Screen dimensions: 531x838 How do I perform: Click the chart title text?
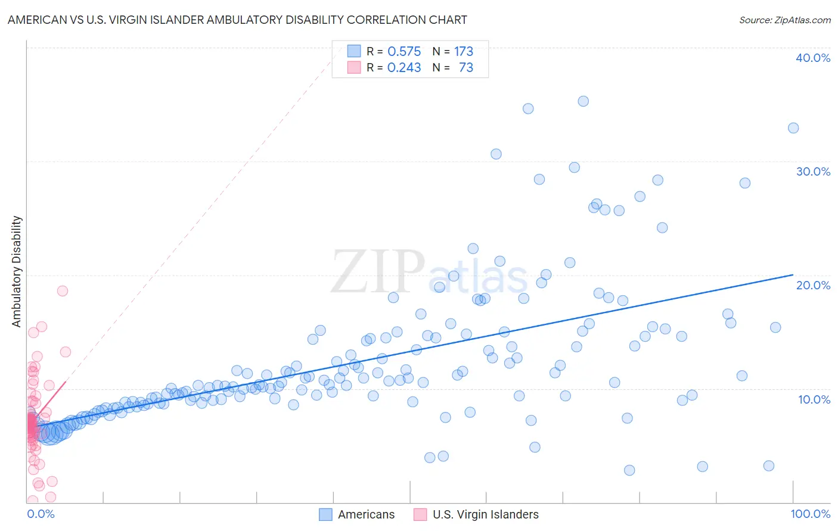coord(237,20)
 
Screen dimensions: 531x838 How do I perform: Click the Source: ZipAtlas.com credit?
coord(784,20)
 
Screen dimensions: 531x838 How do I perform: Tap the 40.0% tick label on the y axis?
coord(812,58)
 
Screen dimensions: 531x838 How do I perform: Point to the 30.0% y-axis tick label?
coord(812,171)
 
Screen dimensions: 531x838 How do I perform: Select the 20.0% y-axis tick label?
coord(812,285)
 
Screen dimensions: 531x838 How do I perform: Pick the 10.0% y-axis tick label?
coord(814,399)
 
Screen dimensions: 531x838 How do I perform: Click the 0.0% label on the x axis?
coord(41,514)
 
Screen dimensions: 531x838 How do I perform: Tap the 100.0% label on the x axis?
coord(810,514)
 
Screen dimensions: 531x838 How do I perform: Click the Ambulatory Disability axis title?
coord(17,271)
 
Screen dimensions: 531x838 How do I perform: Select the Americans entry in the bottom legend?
coord(366,514)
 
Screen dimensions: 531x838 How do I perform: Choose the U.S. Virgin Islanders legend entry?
coord(485,514)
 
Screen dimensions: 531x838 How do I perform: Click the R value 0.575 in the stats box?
coord(404,52)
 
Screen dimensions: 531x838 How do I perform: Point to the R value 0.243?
coord(404,68)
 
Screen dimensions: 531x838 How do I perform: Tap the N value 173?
coord(464,52)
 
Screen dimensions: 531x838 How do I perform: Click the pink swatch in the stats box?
coord(354,67)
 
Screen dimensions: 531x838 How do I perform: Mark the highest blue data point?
coord(583,101)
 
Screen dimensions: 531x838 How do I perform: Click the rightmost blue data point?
coord(793,128)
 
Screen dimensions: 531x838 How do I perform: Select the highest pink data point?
coord(62,291)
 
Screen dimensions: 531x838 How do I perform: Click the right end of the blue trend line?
coord(793,274)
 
